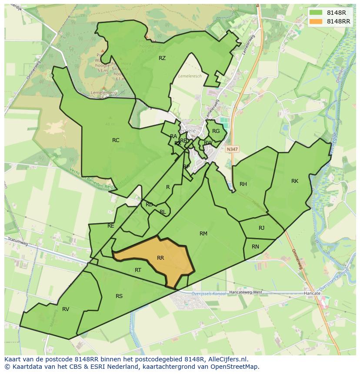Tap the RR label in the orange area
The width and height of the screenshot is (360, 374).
(x=160, y=258)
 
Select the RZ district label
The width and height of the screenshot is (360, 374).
(x=162, y=58)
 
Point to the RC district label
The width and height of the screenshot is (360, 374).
(x=116, y=140)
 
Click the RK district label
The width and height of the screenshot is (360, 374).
(x=295, y=181)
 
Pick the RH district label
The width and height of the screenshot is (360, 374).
(x=243, y=184)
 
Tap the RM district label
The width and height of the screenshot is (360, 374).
(x=203, y=234)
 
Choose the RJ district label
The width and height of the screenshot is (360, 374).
(x=261, y=228)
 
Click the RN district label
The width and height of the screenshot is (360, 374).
(x=256, y=247)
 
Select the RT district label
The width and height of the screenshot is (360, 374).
(x=138, y=270)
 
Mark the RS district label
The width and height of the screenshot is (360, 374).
(x=119, y=296)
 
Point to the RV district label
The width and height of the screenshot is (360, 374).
(x=66, y=309)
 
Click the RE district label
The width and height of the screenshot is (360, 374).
(x=111, y=226)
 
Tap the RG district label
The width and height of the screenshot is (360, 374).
(x=216, y=131)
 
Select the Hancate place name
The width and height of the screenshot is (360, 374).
(x=312, y=294)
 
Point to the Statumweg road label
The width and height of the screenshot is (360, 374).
(x=18, y=242)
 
